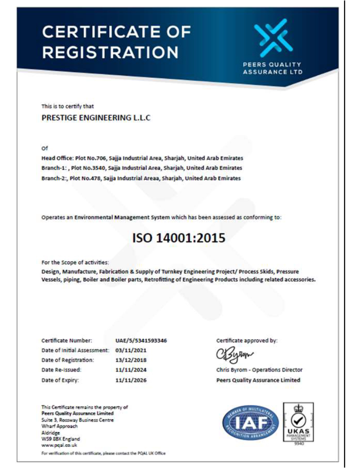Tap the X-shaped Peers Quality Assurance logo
[273, 37]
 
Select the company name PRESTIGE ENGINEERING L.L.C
[96, 118]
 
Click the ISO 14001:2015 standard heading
[179, 237]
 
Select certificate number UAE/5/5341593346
[141, 341]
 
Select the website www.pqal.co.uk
[55, 445]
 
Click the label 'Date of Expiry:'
[60, 380]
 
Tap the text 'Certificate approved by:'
[247, 341]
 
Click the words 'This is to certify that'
[67, 106]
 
